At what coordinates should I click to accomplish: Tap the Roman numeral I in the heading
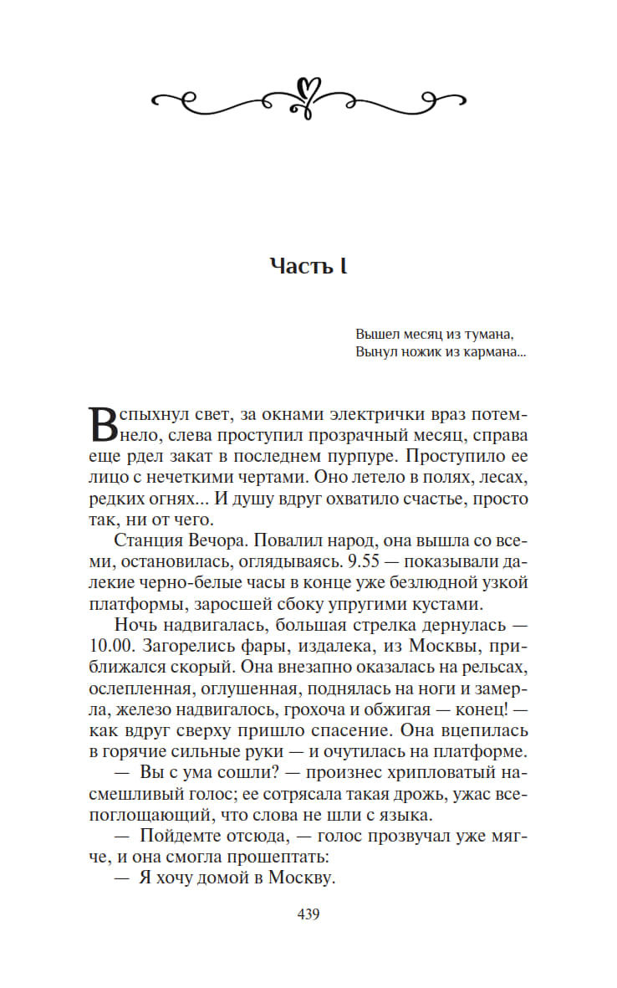pyautogui.click(x=343, y=266)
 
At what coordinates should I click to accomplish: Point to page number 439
pyautogui.click(x=308, y=914)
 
